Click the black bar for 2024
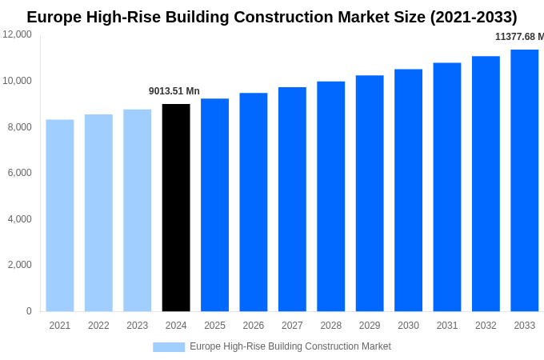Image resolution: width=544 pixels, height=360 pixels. [176, 207]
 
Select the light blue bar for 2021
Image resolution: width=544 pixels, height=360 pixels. [60, 215]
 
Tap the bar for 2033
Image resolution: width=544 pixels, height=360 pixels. [524, 180]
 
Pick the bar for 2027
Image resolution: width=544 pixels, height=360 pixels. [292, 199]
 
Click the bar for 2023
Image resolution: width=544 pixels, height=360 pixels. [137, 210]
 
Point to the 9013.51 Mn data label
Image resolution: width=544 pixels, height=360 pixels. [174, 91]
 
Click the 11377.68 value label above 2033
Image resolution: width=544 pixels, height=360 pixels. [519, 37]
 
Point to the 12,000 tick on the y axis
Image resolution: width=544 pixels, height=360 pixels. [18, 34]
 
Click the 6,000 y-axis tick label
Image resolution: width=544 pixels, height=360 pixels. [18, 173]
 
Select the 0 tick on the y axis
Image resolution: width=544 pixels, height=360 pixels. [29, 311]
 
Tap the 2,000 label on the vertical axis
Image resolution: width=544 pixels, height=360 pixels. [18, 265]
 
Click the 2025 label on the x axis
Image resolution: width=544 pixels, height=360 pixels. [214, 326]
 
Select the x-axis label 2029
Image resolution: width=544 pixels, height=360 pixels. [370, 326]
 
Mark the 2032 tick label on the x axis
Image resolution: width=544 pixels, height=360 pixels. [486, 326]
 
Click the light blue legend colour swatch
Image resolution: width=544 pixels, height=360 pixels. [169, 347]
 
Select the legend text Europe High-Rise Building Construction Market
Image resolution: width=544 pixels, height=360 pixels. [290, 346]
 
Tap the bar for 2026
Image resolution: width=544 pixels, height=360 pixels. [254, 202]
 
